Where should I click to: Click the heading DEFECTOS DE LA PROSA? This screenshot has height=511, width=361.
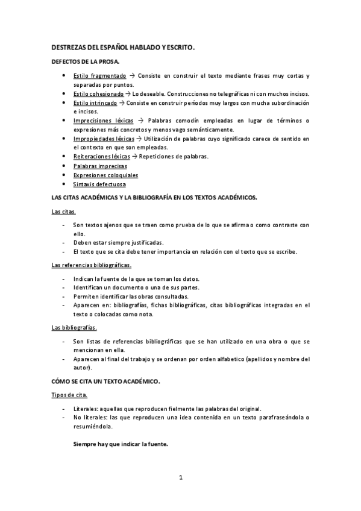point(85,62)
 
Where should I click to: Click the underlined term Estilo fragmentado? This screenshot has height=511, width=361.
point(99,76)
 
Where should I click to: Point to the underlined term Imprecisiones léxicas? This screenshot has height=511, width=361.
point(103,121)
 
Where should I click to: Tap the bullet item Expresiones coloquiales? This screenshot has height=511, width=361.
point(105,175)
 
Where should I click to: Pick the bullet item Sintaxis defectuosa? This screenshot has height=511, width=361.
point(99,184)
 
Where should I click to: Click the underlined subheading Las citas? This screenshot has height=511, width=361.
point(64,212)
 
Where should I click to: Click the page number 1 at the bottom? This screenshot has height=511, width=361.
point(180,478)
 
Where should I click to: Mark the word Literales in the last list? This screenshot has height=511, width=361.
point(86,409)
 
